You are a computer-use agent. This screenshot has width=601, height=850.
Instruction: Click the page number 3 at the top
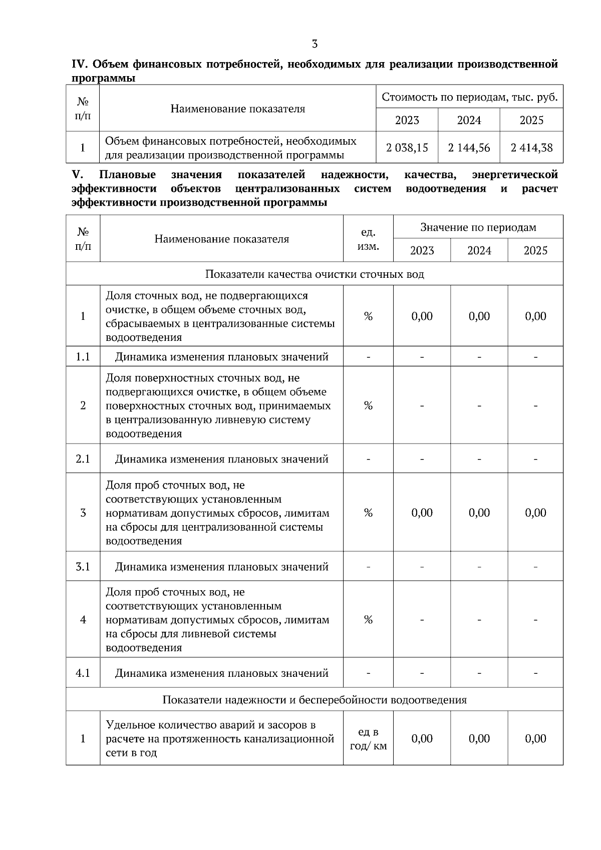(x=315, y=44)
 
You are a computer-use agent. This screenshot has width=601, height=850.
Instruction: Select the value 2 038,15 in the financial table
(x=407, y=148)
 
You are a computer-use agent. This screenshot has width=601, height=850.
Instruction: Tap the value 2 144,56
(x=469, y=148)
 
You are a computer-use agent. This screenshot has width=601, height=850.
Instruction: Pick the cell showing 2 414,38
(x=531, y=148)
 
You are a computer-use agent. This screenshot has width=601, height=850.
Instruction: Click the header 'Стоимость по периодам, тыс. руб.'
(x=469, y=97)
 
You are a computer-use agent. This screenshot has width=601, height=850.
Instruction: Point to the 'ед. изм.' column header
(x=368, y=239)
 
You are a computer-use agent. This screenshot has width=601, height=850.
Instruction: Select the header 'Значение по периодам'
(x=478, y=228)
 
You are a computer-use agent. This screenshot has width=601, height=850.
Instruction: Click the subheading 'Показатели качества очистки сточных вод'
(x=315, y=274)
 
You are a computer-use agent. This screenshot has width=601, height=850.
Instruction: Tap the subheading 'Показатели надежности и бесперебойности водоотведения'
(x=315, y=700)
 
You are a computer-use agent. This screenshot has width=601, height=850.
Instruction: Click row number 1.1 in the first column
(x=83, y=357)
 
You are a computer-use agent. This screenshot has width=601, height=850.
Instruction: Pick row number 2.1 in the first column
(x=83, y=459)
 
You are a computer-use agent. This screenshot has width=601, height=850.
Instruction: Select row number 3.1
(x=83, y=567)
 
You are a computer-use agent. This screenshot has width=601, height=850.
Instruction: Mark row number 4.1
(x=83, y=673)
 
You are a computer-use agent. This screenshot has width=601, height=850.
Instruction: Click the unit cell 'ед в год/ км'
(x=368, y=739)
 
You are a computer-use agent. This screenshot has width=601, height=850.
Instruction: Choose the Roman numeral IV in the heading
(x=80, y=65)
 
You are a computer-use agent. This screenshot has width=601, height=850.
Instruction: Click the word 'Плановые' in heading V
(x=127, y=175)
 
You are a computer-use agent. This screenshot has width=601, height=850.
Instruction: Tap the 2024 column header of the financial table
(x=469, y=120)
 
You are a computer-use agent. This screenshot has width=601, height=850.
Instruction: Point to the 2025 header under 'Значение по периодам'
(x=535, y=250)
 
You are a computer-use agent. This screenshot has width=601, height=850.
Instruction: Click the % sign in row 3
(x=368, y=513)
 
